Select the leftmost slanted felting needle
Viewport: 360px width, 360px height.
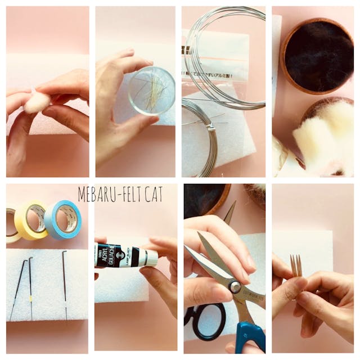tap(17, 287)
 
